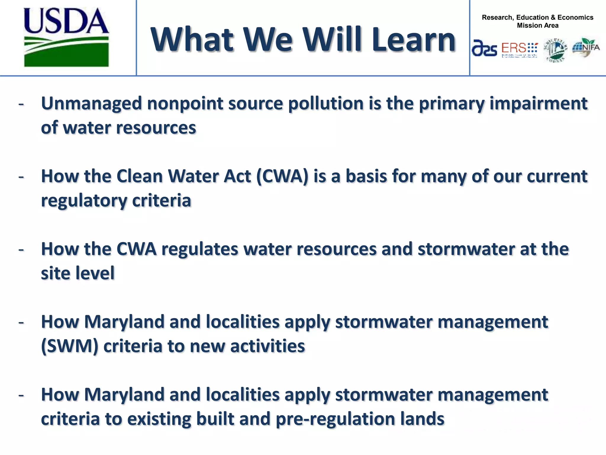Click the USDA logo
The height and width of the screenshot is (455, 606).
(x=66, y=37)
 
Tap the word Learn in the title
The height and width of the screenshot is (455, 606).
(x=413, y=40)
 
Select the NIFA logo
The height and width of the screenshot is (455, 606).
(x=586, y=47)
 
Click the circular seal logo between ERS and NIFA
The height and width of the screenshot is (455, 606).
(x=555, y=50)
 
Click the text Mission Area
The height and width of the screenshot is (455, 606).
(x=537, y=25)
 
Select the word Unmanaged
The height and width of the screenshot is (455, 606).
(x=91, y=104)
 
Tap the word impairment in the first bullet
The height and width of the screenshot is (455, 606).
(x=538, y=104)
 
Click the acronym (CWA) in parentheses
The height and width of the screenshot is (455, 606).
(x=282, y=177)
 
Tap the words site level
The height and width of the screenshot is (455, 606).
(x=78, y=273)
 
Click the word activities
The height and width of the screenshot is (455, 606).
(x=267, y=346)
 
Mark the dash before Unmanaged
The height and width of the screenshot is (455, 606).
(x=21, y=104)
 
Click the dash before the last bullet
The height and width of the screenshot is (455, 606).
(x=21, y=395)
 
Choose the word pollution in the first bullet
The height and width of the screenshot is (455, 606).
(x=325, y=104)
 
